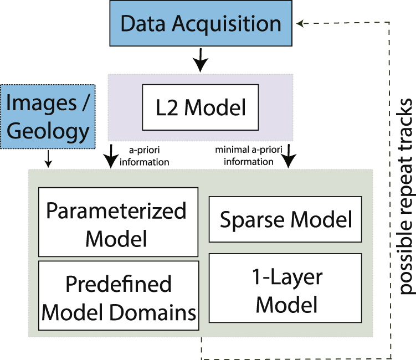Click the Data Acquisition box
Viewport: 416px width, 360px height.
coord(201,24)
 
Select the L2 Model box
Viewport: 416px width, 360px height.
coord(201,106)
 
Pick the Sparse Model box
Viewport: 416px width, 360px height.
coord(285,219)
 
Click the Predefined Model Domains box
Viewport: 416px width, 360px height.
coord(119,299)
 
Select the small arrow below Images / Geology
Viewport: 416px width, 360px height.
coord(48,160)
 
